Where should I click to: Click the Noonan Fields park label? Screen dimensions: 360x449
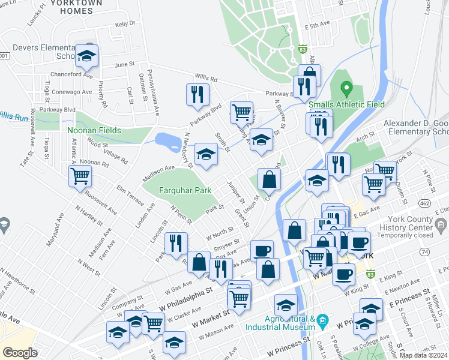[94, 130]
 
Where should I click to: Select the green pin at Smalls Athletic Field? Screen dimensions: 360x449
[346, 91]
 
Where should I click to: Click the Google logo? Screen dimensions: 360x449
[20, 352]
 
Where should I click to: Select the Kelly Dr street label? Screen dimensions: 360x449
[125, 23]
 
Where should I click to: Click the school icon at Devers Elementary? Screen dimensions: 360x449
[87, 56]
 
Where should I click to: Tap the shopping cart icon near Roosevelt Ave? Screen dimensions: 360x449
[80, 176]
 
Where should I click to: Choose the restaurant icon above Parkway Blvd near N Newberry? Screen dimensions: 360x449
[197, 94]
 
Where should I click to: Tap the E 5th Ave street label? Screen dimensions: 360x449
[318, 26]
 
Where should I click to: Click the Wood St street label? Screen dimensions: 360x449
[96, 143]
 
